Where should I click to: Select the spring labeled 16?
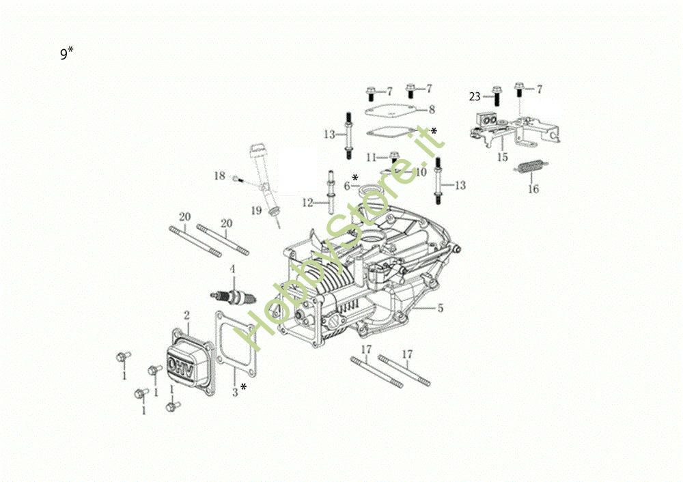point(532,167)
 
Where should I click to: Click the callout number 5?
point(441,309)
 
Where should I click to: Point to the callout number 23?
point(475,96)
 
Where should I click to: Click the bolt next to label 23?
point(496,96)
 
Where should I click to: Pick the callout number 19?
point(256,211)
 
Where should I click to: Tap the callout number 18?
point(219,176)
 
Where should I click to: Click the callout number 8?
point(432,109)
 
